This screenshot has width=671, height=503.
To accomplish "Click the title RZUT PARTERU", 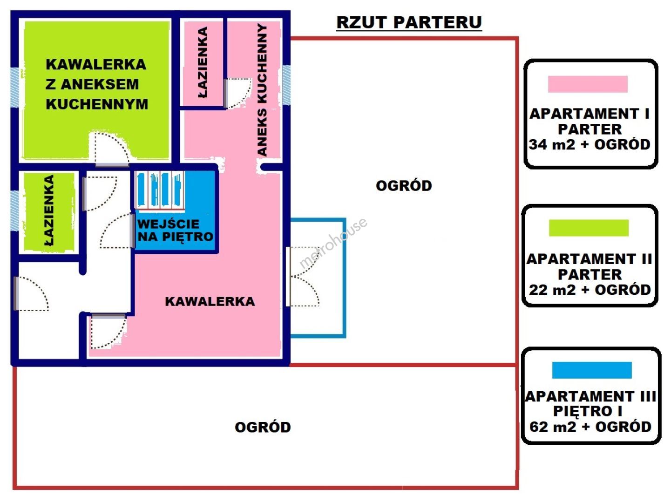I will pos(409,22).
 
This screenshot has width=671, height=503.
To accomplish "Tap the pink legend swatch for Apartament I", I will pos(588,84).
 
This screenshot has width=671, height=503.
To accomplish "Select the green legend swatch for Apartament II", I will pos(589,228).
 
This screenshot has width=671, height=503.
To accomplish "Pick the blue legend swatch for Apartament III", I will pos(591,370).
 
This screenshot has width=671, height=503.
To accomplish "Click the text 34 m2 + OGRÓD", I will pos(590,144).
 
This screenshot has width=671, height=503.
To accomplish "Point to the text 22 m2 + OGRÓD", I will pos(590,290).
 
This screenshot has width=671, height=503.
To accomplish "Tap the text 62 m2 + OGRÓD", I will pos(590,427).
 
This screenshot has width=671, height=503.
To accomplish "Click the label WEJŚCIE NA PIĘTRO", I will pos(175,230).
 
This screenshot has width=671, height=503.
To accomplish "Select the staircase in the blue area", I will pos(159,190).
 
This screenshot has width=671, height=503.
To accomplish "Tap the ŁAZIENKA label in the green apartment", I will pos(49,211).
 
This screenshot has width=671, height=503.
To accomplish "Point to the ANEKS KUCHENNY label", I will pos(263,90).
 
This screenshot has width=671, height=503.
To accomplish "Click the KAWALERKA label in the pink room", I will pos(210,301).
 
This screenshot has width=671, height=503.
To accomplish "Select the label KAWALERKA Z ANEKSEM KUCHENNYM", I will pos(96,84).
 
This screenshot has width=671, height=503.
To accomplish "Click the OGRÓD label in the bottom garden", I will pos(263,427).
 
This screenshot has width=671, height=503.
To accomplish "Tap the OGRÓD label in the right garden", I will pos(404,186).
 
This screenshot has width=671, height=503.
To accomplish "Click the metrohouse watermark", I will pos(332,243).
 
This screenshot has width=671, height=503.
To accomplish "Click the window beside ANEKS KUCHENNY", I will pos(286,85).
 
